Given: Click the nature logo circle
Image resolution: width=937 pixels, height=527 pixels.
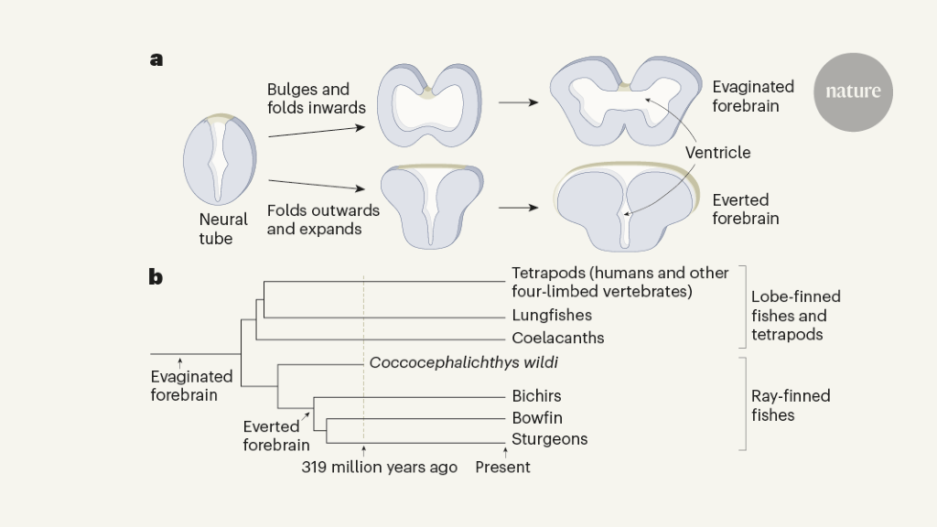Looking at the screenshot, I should [853, 91].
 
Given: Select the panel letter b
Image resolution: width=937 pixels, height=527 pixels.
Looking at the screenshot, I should [156, 276].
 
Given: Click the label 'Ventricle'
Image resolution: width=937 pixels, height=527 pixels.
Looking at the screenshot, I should [717, 152].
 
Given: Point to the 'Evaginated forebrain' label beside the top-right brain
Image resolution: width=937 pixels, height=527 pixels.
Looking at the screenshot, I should [753, 96].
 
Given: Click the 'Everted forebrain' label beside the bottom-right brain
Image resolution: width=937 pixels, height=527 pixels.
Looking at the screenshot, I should [746, 210].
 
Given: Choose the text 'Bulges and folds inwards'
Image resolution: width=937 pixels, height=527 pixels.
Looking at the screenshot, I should [316, 99].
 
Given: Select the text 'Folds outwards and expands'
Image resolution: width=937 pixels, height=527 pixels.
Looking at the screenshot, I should [323, 220].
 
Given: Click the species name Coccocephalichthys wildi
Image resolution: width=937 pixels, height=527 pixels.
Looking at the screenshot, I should [464, 362].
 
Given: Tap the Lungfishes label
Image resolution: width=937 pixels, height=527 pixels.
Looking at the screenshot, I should [552, 316].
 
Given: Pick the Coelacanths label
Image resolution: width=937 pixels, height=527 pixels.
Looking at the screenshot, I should [558, 338].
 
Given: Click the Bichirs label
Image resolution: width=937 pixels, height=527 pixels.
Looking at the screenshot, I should [537, 396].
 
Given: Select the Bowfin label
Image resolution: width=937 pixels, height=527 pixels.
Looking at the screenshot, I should [537, 418].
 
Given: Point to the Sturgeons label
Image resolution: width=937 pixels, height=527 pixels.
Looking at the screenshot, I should [550, 439].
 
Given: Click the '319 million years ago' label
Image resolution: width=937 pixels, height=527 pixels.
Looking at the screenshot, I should [380, 468].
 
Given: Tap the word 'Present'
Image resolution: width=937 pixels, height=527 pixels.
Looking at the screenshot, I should [502, 468].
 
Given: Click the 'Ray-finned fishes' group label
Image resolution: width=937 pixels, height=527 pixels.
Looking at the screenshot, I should [791, 405].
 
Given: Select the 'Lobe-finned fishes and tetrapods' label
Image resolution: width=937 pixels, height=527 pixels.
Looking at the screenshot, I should [795, 316].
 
